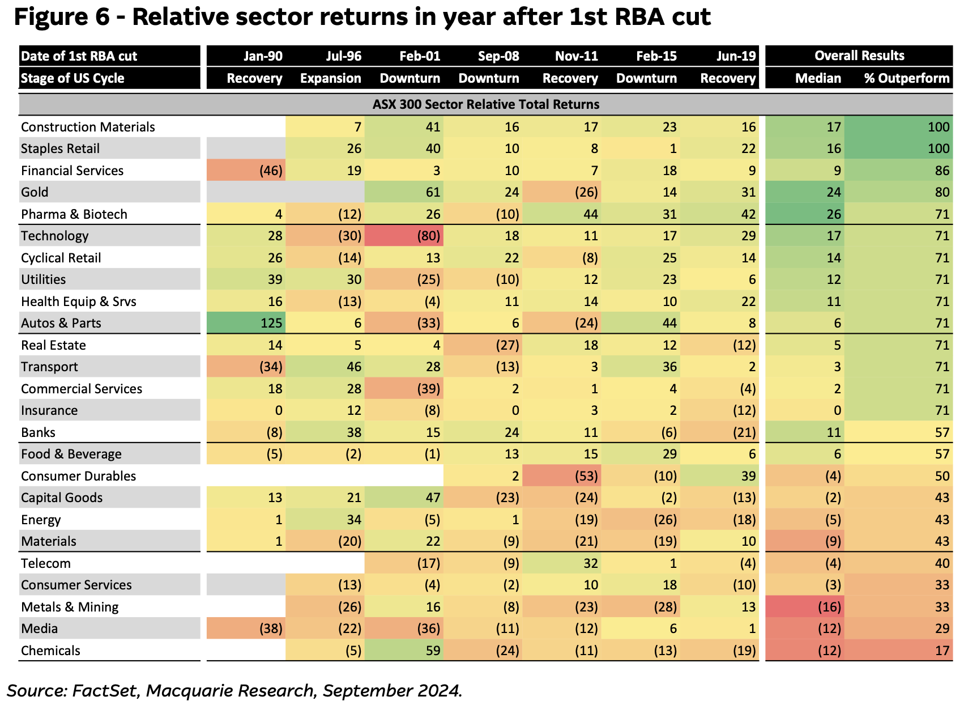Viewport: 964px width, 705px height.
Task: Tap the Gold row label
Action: (x=35, y=192)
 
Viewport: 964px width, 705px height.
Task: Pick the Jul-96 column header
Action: (x=343, y=56)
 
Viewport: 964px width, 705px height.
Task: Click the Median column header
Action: (x=818, y=78)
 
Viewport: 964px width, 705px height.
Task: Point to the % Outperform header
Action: (x=907, y=78)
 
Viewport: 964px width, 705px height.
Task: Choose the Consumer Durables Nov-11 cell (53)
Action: (x=586, y=476)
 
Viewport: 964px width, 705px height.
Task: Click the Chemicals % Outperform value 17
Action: (x=942, y=651)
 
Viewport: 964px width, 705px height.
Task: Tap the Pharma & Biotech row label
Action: (x=74, y=214)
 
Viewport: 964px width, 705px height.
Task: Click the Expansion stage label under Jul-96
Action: (x=330, y=78)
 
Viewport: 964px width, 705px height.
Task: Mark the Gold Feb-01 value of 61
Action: (x=433, y=192)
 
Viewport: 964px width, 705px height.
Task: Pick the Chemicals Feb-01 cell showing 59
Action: (x=433, y=651)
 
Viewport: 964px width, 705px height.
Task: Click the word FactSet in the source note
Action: (x=105, y=690)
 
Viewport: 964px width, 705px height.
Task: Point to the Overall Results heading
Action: (x=859, y=56)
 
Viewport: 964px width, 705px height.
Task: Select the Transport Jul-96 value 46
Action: (x=354, y=367)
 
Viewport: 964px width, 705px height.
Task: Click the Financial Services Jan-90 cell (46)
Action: (x=271, y=171)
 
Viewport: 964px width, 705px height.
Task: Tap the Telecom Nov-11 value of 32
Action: (x=591, y=563)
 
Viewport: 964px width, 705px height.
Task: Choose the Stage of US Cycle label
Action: (x=72, y=78)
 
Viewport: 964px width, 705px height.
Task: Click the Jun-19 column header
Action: (x=736, y=56)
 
